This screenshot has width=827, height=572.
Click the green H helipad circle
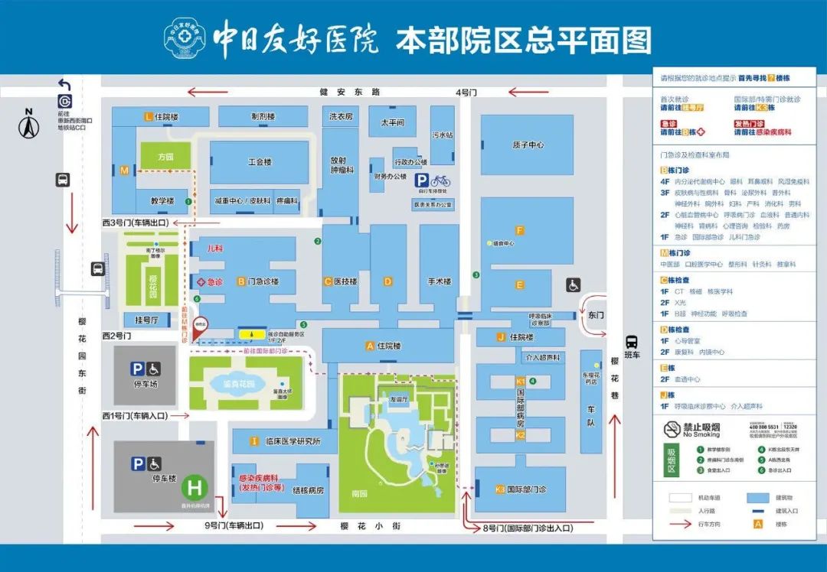click(196, 487)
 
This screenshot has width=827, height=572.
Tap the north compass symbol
click(28, 127)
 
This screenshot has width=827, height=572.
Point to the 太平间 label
click(391, 122)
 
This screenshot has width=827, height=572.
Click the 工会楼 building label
click(260, 162)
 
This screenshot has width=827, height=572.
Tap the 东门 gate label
click(597, 314)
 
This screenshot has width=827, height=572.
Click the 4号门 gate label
click(466, 93)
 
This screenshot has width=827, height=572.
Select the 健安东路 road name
click(350, 93)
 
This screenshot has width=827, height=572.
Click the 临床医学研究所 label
click(290, 441)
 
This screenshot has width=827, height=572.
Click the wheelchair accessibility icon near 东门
click(573, 284)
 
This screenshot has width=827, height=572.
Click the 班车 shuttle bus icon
click(632, 341)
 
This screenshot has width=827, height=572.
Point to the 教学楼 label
click(162, 201)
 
